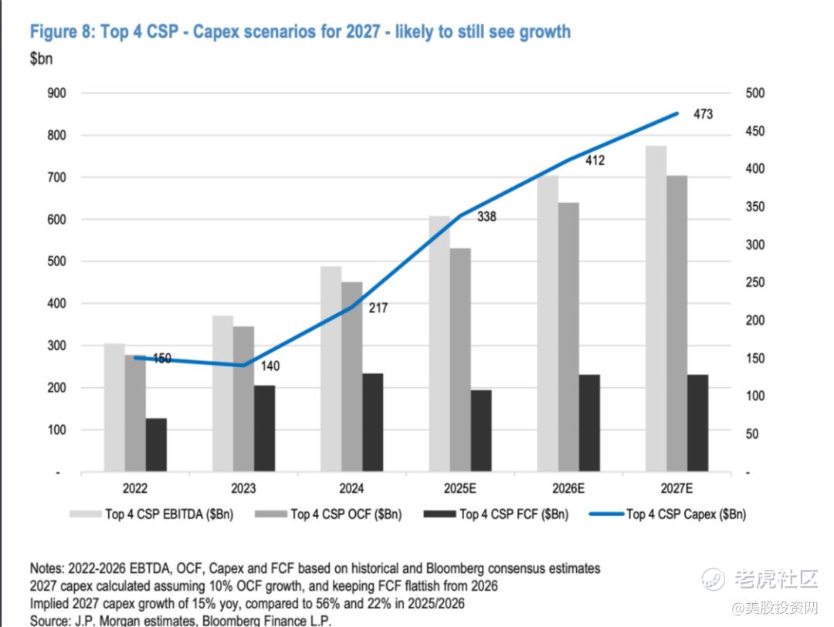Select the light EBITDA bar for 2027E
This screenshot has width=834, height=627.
point(656,308)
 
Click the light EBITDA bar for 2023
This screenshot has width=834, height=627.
point(222,393)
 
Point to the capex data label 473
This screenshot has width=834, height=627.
point(703,114)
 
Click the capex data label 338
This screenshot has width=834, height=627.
point(486,217)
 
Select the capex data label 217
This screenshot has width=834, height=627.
point(378,308)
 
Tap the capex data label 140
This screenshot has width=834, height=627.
point(270,366)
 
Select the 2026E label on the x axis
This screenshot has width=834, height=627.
point(568,488)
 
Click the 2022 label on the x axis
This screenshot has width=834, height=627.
point(135,488)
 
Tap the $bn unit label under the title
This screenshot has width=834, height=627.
point(40,59)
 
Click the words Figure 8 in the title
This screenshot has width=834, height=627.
point(62,32)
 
